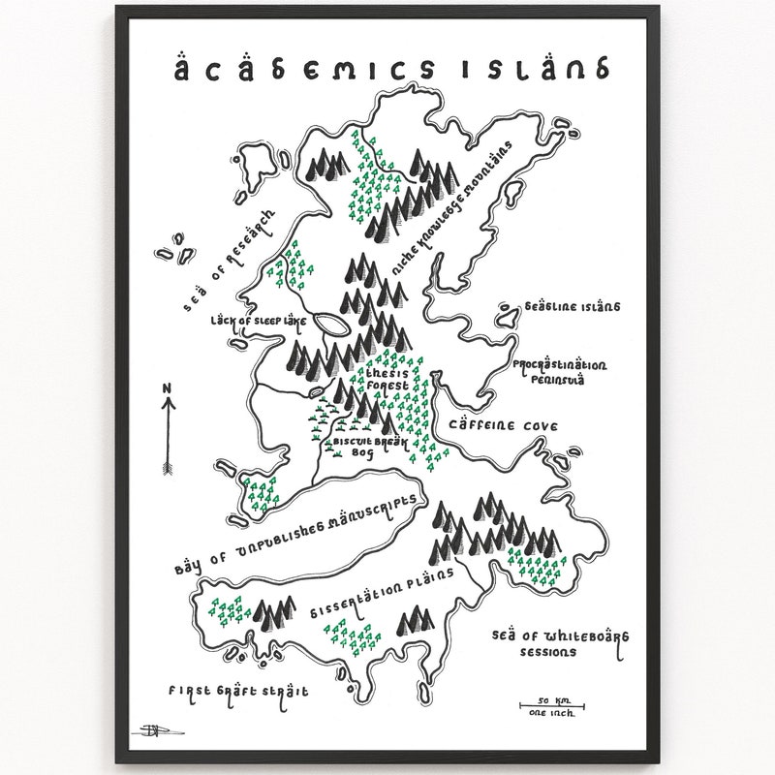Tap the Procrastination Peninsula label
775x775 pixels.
(x=560, y=371)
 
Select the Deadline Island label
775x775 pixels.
(x=572, y=308)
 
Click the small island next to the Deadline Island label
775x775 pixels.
(x=505, y=312)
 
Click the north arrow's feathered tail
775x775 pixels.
(x=168, y=468)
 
